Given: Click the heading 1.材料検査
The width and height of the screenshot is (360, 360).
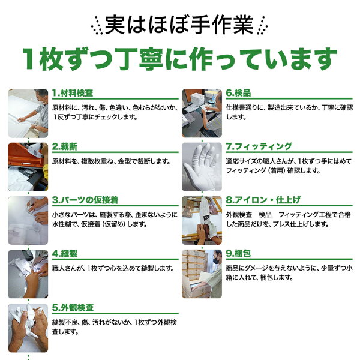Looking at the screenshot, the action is (73, 93).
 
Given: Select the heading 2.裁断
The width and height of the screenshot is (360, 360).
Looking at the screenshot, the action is (65, 146).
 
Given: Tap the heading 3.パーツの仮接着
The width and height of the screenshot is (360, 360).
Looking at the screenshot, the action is (85, 200).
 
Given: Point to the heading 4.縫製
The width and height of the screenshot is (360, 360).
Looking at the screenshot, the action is (65, 254).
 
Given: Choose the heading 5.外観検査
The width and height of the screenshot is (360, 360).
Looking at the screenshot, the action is (73, 307).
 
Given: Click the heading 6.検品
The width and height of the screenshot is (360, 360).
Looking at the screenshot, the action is (238, 93).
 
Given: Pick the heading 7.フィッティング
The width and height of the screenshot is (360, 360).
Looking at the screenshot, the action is (259, 146).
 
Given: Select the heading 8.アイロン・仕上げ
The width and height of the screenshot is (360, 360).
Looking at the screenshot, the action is (263, 200).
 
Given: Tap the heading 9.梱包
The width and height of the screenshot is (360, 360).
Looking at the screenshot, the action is (238, 254).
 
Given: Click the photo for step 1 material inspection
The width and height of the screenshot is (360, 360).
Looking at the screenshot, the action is (28, 113).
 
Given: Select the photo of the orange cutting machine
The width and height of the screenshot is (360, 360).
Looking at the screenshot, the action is (28, 167).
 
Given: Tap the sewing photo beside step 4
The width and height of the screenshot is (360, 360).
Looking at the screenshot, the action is (28, 274).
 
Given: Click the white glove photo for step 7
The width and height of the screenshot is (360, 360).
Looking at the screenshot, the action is (202, 167).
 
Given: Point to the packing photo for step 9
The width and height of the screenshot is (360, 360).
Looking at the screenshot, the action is (202, 274).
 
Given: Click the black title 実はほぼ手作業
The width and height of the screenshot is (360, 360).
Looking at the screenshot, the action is (179, 25).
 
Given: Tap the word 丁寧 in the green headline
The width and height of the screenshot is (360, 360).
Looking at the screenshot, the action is (141, 59).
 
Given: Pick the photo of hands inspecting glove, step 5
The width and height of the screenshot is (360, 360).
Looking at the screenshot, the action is (28, 328).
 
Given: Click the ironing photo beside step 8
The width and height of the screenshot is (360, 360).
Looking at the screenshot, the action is (202, 220).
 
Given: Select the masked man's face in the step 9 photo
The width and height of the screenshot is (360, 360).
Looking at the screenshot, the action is (217, 257).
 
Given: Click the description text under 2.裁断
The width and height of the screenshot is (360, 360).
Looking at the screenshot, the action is (112, 161).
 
